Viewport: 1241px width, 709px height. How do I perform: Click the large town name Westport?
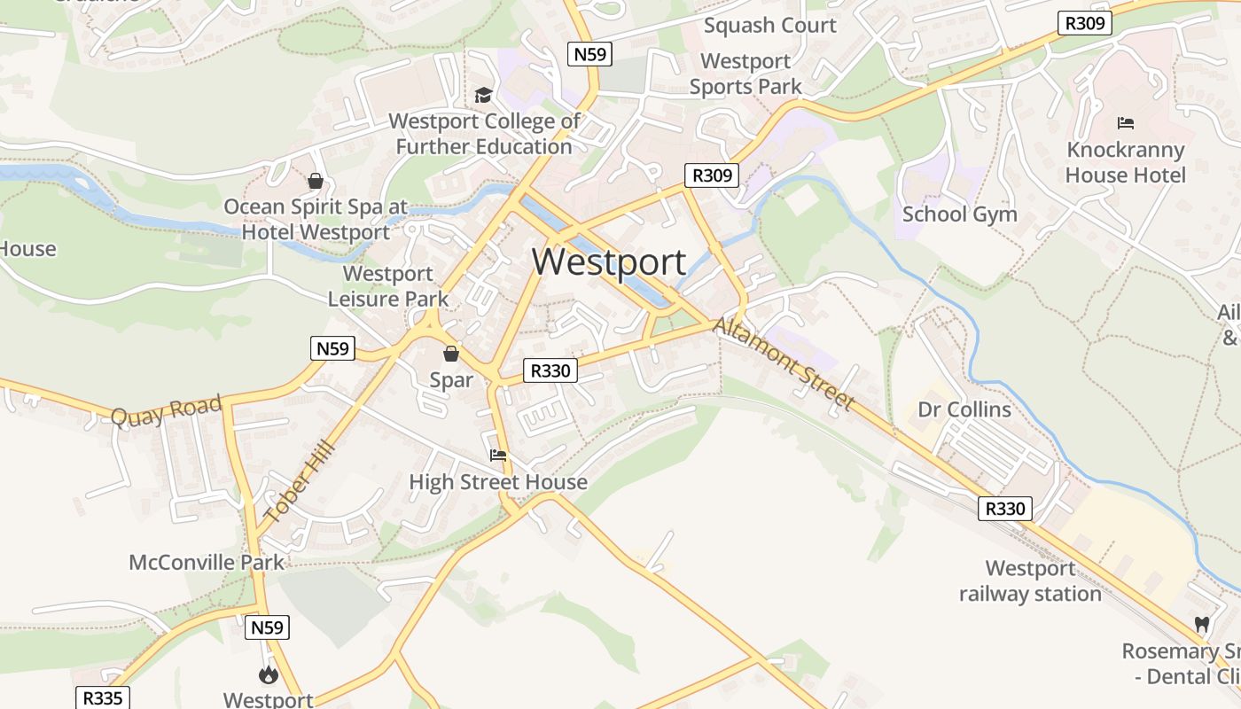click(609, 262)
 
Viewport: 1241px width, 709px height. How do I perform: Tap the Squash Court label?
click(769, 25)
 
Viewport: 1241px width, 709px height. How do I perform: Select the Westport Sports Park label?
click(745, 74)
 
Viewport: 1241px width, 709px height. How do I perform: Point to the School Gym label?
click(959, 214)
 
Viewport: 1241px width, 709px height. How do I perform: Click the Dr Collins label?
click(964, 409)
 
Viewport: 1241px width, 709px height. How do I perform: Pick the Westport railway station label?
click(1030, 581)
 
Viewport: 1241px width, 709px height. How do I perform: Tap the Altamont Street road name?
click(784, 364)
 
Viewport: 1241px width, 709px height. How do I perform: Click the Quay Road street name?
click(167, 412)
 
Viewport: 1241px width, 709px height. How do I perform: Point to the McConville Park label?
click(207, 562)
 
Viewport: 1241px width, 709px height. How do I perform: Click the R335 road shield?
click(102, 698)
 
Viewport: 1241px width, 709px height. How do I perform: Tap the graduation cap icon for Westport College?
click(483, 95)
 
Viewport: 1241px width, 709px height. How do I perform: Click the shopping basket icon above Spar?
click(451, 354)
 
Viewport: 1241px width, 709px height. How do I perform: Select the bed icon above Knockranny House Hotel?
click(1125, 123)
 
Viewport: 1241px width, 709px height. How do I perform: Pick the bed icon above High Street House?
click(498, 456)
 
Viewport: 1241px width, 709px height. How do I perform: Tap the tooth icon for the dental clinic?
click(1202, 625)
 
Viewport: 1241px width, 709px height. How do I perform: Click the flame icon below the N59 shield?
click(268, 675)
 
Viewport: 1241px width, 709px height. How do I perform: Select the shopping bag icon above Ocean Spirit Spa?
click(315, 182)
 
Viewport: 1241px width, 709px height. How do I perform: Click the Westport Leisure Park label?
click(388, 286)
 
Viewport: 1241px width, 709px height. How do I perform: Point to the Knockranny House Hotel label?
click(1125, 162)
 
